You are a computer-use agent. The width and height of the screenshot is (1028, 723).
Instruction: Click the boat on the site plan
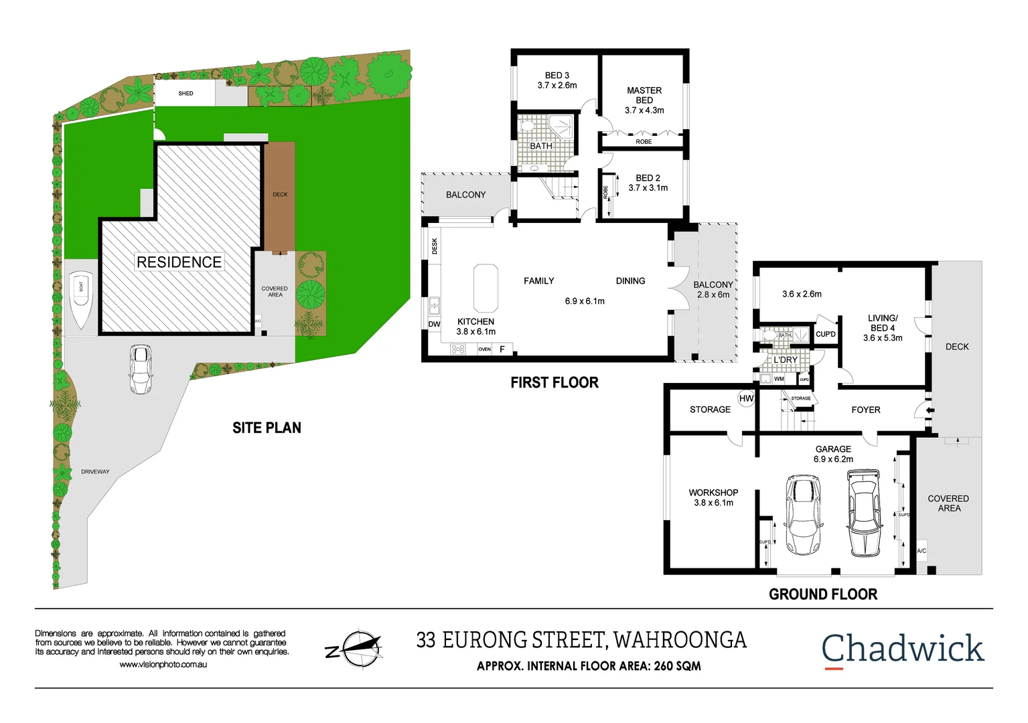[81, 299]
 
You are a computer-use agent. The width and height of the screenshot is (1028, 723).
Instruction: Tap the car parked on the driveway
[141, 369]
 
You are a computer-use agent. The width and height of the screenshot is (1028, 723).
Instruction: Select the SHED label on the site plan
[186, 94]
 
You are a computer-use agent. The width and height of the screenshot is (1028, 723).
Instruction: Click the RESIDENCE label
[179, 262]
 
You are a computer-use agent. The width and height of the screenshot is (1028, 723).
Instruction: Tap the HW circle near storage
[746, 398]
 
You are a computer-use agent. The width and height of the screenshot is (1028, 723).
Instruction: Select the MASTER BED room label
[644, 95]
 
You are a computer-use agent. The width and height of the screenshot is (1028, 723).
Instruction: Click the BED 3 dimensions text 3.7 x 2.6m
[557, 86]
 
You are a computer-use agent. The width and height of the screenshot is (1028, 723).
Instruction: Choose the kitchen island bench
[486, 289]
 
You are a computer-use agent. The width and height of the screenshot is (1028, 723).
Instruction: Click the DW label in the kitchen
[434, 324]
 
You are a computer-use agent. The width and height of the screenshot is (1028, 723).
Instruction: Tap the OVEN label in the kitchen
[484, 349]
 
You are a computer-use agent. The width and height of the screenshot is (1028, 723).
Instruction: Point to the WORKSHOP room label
[713, 493]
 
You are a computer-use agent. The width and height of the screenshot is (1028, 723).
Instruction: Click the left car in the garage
[803, 514]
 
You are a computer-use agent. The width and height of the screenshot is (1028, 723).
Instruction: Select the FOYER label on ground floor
[865, 410]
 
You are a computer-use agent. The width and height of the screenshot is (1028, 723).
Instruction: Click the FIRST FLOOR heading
[554, 383]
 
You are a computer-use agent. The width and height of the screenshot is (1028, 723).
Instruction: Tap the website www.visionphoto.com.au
[163, 665]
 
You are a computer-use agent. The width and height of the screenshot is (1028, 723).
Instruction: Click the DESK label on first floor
[435, 246]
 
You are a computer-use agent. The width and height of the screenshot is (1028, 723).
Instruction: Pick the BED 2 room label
[648, 178]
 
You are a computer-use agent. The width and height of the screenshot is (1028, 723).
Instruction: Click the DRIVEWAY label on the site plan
[95, 472]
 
